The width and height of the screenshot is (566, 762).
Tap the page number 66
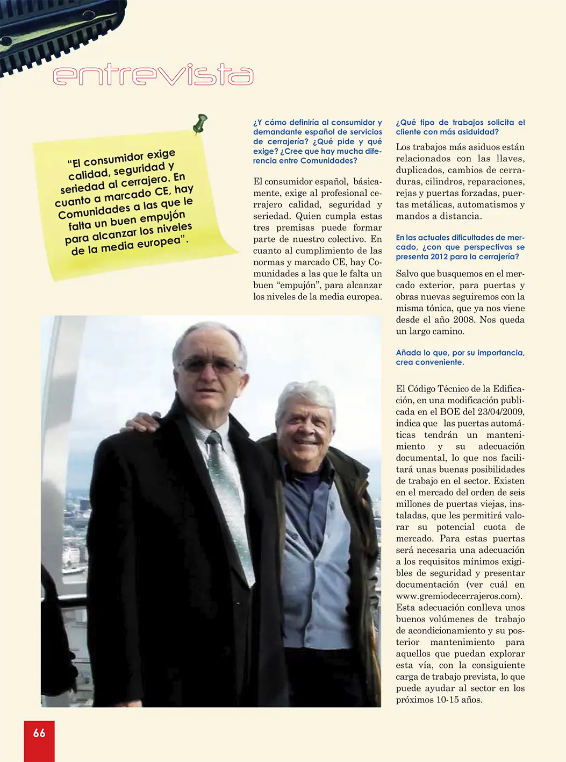(39, 733)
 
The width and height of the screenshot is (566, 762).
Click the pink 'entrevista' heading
(153, 75)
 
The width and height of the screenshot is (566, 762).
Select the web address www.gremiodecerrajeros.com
(458, 596)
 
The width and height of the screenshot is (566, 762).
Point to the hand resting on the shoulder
(142, 422)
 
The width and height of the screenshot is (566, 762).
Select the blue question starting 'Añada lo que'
(460, 357)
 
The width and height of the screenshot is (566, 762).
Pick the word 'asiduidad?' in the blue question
(477, 132)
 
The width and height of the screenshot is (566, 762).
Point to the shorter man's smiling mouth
(306, 443)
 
